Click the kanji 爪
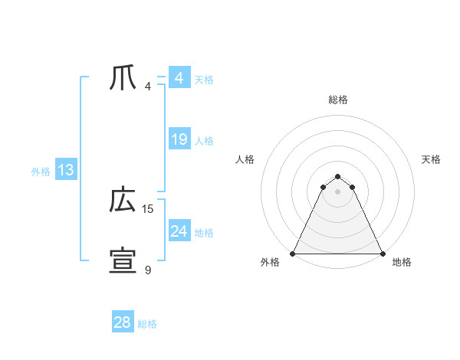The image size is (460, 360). (x=123, y=78)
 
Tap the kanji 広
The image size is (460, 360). (x=123, y=201)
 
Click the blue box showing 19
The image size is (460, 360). (x=179, y=139)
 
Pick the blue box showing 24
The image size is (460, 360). (x=179, y=231)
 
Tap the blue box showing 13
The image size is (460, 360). (x=66, y=171)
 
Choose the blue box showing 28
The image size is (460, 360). (x=123, y=322)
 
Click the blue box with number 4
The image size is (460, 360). (x=179, y=78)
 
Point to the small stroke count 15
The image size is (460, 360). (x=148, y=208)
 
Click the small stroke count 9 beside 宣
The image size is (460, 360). (x=148, y=270)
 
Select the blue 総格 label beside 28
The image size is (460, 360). (x=148, y=324)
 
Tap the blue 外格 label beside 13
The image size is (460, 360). (x=41, y=172)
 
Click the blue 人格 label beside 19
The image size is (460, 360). (x=205, y=141)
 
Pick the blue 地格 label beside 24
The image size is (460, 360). (x=205, y=233)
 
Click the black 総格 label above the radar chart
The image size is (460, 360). (x=337, y=100)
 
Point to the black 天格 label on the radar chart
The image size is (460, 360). (x=431, y=159)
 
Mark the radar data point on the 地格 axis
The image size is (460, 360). (x=382, y=254)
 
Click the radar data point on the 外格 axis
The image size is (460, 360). (x=293, y=254)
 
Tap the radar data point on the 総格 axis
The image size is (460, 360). (x=337, y=176)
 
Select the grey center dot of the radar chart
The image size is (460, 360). (x=337, y=191)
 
